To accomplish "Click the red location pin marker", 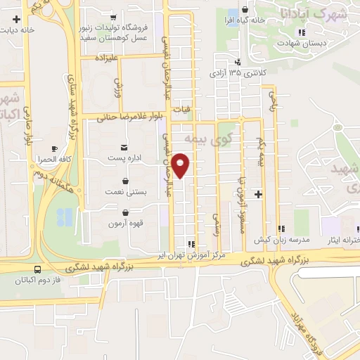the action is (181, 164).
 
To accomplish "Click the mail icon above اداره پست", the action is (124, 147).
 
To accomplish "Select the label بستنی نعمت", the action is (131, 191).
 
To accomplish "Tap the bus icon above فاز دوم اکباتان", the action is (37, 269).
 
